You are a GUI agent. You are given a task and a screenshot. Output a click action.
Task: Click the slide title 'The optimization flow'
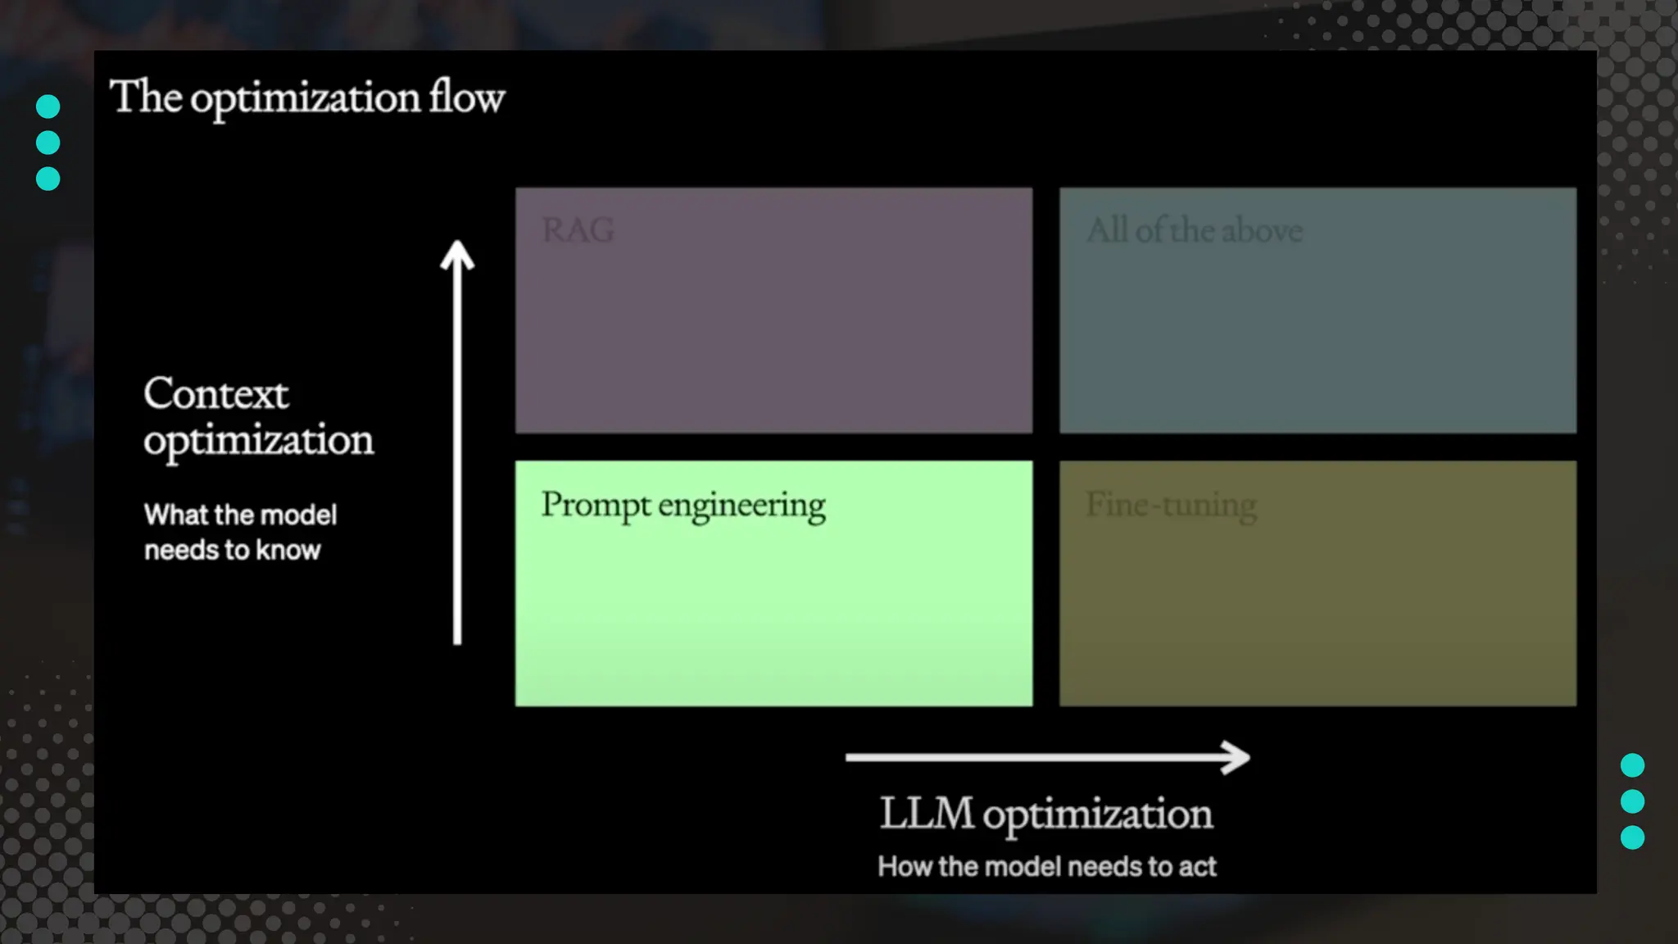(307, 98)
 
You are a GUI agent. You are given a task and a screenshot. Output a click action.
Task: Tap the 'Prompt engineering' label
(683, 506)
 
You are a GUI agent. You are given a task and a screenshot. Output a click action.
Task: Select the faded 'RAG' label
(578, 230)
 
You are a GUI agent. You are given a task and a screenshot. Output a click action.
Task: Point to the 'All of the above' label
(1195, 231)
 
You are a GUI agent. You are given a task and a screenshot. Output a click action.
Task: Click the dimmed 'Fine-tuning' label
(1171, 506)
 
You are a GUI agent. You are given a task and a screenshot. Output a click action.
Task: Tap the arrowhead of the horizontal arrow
(1236, 757)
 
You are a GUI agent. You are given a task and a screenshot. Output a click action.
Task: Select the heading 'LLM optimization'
(1046, 814)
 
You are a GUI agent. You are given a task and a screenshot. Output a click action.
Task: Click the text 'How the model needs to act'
(1046, 866)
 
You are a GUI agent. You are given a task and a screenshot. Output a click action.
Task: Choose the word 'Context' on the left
(215, 394)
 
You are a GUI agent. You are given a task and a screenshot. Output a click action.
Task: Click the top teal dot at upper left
(48, 107)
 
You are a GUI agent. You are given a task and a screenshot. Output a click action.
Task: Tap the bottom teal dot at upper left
(48, 179)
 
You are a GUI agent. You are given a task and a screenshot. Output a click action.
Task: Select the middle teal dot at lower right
(1632, 801)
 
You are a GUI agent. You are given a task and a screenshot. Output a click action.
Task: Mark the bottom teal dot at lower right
(1632, 837)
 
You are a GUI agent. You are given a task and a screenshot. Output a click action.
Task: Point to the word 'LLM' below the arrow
(927, 814)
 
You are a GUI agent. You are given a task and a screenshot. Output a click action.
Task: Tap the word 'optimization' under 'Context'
(258, 441)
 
